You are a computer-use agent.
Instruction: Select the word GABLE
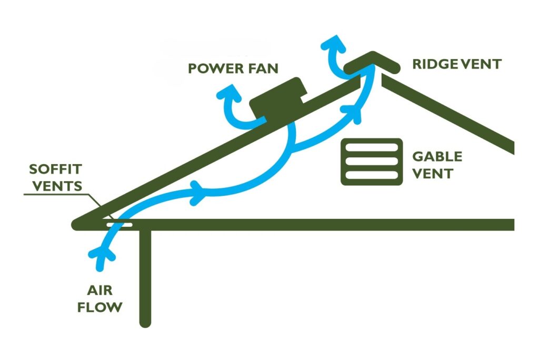pyautogui.click(x=437, y=157)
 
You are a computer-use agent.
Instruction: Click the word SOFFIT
pyautogui.click(x=55, y=170)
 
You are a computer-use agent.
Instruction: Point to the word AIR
pyautogui.click(x=100, y=290)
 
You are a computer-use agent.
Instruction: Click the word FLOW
pyautogui.click(x=100, y=307)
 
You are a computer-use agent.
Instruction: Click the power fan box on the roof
pyautogui.click(x=276, y=99)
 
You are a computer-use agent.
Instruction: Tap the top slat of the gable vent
pyautogui.click(x=372, y=146)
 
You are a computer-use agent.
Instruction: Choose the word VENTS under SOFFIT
pyautogui.click(x=55, y=186)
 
